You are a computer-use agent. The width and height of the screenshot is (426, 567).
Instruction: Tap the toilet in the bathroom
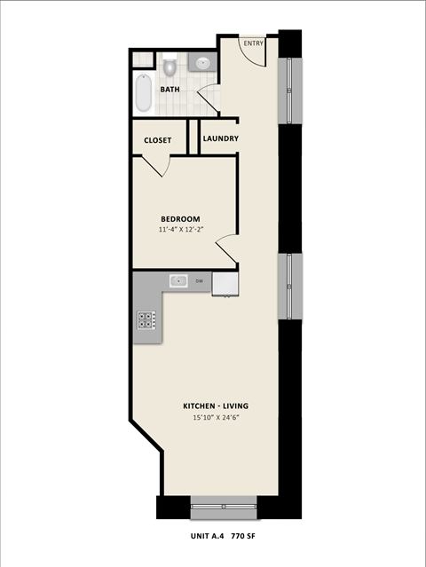click(169, 67)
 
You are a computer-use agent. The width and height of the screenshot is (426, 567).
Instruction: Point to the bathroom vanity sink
click(203, 64)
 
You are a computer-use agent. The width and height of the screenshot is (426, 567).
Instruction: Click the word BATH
click(170, 90)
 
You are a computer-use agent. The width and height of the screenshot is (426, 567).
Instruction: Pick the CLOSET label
click(158, 139)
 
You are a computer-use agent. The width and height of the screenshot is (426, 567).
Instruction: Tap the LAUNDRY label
click(220, 138)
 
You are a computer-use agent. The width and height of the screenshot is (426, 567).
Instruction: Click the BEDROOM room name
click(180, 219)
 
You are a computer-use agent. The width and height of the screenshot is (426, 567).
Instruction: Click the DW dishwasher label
click(200, 281)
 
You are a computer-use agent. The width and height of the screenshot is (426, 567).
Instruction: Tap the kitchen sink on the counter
click(179, 281)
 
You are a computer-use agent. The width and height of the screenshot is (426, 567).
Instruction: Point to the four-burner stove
click(146, 320)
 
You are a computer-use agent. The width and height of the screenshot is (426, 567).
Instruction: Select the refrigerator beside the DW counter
click(225, 283)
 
